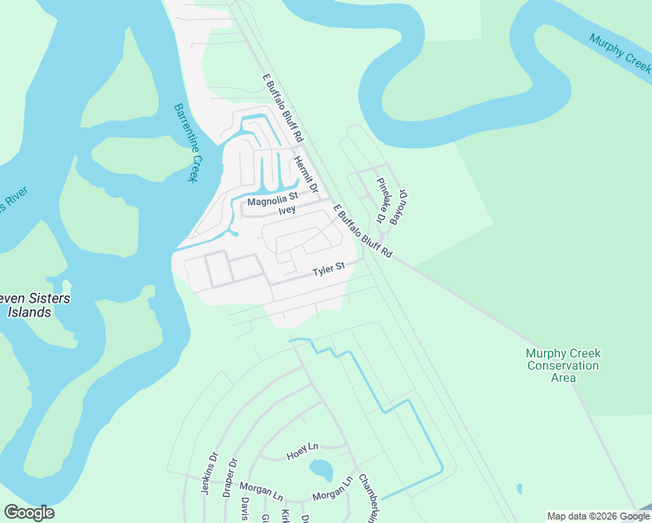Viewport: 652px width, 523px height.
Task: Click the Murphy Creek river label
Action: [x=620, y=52]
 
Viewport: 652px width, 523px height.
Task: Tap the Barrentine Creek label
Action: [x=186, y=143]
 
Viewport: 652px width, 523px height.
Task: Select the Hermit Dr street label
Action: [x=306, y=174]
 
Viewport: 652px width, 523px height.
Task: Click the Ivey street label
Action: [x=287, y=210]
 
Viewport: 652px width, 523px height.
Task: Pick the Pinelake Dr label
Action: [x=382, y=200]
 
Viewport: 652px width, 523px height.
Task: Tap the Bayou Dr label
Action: [x=399, y=207]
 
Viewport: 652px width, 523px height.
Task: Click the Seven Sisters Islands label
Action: [x=35, y=305]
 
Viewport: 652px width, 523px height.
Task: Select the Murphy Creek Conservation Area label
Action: [x=563, y=365]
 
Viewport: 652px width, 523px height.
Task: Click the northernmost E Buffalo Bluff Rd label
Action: [x=282, y=108]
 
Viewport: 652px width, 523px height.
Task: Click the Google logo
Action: [x=29, y=513]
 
